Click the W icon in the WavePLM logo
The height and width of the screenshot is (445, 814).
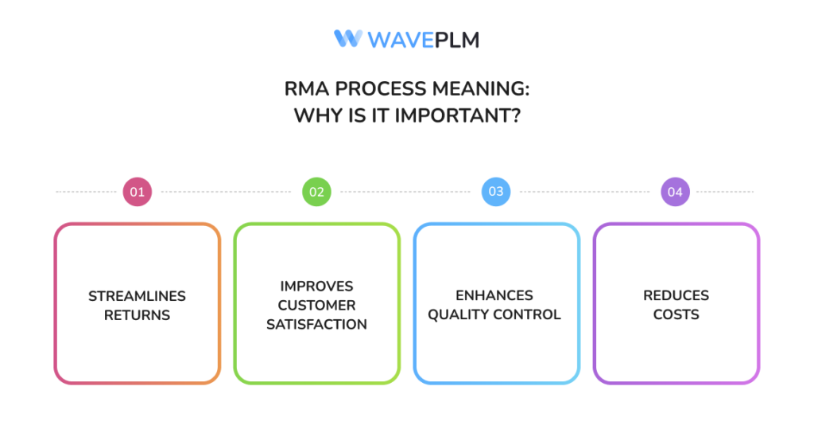[347, 38]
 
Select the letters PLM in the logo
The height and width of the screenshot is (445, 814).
[456, 39]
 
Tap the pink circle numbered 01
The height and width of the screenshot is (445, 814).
[137, 192]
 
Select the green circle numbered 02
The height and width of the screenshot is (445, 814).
[316, 192]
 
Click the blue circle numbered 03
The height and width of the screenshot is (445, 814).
[496, 192]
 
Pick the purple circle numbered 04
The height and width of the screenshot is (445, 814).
[676, 192]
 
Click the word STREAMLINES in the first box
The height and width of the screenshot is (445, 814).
[137, 295]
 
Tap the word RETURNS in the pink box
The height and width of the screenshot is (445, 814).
[137, 314]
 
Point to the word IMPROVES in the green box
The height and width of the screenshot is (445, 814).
[316, 286]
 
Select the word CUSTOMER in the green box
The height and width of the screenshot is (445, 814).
[316, 305]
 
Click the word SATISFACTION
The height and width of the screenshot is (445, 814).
[316, 324]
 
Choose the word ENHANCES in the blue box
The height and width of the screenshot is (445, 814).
[494, 295]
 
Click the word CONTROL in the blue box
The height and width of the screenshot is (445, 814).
[529, 314]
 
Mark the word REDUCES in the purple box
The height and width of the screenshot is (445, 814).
[676, 295]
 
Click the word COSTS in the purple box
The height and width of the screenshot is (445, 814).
[676, 314]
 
